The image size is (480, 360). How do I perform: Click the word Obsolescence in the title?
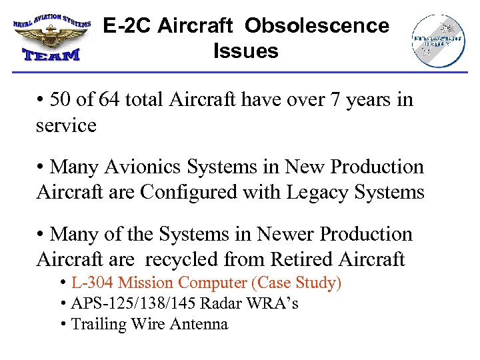(317, 26)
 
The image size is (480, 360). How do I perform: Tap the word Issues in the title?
(245, 51)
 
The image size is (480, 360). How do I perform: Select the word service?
(66, 125)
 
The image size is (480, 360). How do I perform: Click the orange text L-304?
(91, 283)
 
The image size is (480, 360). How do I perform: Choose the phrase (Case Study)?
(297, 283)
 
